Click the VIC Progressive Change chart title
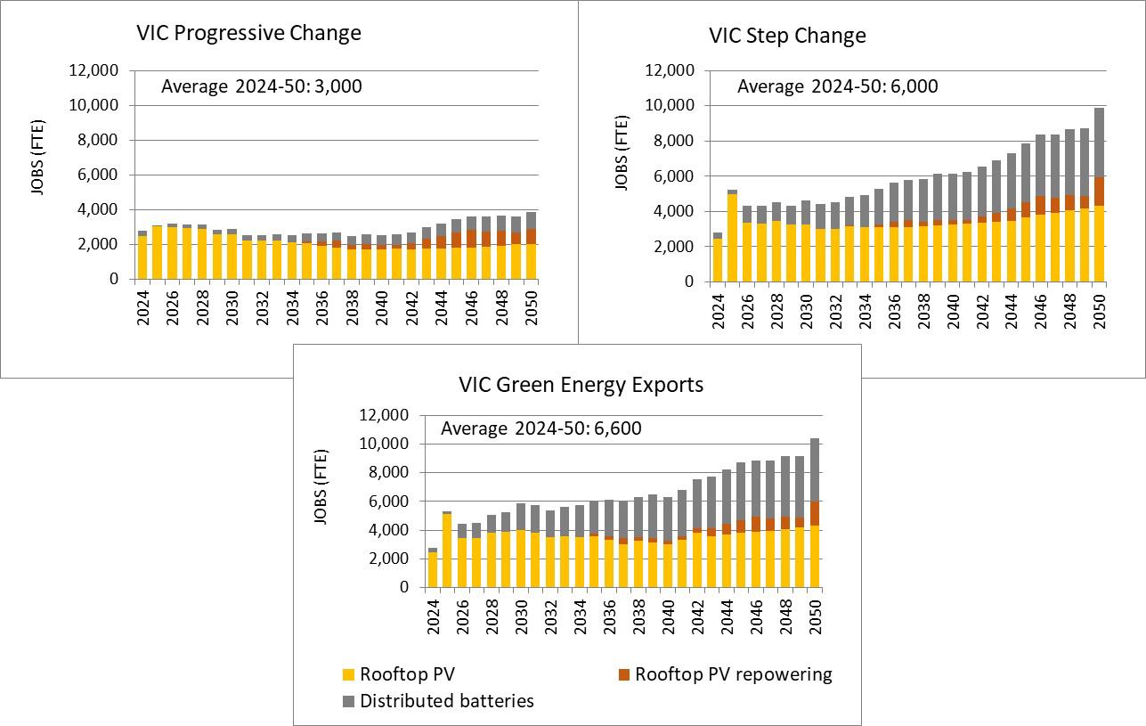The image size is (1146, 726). [248, 34]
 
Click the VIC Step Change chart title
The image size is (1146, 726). [787, 37]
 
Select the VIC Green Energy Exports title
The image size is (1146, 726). [581, 385]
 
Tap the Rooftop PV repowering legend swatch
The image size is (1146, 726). [623, 674]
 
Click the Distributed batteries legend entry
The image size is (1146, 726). [446, 701]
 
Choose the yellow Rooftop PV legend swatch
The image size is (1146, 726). [348, 674]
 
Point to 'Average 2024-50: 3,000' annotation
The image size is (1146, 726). [262, 86]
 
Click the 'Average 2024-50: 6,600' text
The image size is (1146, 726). [541, 428]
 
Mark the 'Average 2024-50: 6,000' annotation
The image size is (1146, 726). [837, 86]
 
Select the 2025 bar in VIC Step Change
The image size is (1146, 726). [732, 236]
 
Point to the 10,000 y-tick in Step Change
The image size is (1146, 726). [670, 105]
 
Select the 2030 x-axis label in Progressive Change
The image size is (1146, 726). [232, 305]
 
